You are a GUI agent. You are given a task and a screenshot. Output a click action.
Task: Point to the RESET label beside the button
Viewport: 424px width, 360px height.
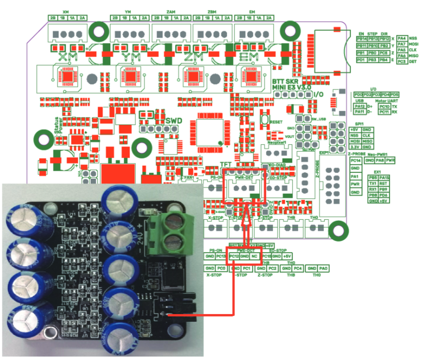click(276, 122)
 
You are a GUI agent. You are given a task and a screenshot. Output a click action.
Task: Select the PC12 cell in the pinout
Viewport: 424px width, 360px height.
click(234, 256)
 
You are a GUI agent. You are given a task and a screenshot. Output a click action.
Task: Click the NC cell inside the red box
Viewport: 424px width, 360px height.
click(255, 256)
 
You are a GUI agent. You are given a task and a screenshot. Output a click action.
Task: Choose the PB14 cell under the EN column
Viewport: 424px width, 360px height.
click(361, 38)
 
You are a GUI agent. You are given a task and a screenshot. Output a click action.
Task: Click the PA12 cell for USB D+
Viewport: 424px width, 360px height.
click(360, 106)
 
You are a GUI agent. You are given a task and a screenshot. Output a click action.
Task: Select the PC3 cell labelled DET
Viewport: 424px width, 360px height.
click(401, 61)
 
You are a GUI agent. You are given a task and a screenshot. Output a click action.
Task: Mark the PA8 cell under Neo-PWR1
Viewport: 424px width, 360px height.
click(380, 160)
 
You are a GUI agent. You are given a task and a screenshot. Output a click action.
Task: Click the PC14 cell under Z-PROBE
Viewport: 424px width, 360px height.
click(356, 160)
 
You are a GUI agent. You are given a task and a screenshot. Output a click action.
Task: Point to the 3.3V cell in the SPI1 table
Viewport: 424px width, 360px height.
click(355, 147)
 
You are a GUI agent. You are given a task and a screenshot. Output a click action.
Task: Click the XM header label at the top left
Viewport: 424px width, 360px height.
click(66, 12)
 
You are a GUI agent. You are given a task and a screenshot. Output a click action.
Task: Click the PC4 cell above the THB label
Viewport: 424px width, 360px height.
click(298, 268)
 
